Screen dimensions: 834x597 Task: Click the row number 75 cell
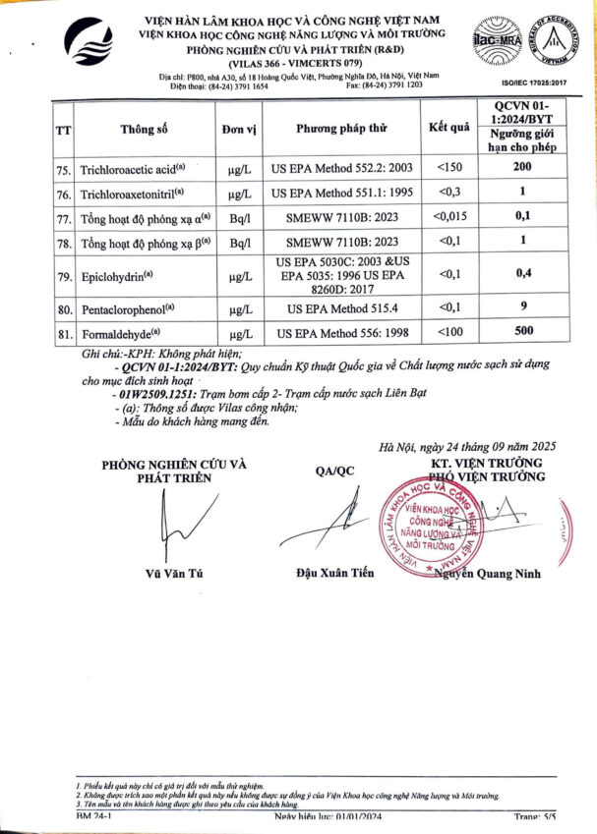pos(64,168)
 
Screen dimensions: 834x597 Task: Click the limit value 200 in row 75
pos(522,168)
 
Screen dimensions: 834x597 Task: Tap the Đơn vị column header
pos(238,129)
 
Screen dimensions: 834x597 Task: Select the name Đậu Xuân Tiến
pos(334,574)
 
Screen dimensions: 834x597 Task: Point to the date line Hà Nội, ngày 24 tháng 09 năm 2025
pos(467,447)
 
